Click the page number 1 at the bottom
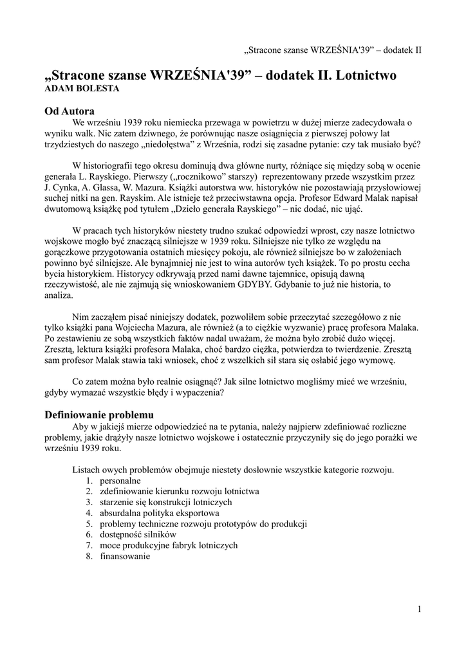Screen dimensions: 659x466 pos(419,609)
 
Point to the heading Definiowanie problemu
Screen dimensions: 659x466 pos(98,414)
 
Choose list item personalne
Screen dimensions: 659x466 pos(120,481)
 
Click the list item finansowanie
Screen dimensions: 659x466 pos(125,557)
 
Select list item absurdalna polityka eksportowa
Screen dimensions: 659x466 pos(159,514)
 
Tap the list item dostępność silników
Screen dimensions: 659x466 pos(138,535)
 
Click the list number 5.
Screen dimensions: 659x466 pos(89,524)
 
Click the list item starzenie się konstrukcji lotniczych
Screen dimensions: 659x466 pos(166,503)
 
